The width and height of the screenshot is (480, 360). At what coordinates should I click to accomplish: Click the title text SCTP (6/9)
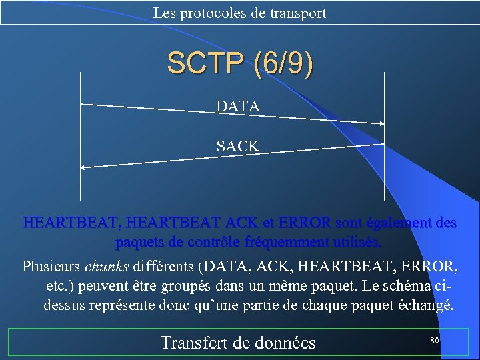point(239,63)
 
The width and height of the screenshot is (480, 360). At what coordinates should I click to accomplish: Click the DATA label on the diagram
point(238,106)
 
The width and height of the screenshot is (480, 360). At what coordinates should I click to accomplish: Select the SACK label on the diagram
point(238,145)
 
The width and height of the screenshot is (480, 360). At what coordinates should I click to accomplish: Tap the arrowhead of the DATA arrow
point(382,123)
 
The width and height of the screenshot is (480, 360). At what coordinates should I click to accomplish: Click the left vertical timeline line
point(80,133)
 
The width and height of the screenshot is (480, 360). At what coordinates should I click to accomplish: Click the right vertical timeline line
point(385,133)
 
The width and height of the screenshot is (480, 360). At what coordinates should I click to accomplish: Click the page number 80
point(434,341)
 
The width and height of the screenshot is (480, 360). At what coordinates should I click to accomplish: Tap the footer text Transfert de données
point(238,343)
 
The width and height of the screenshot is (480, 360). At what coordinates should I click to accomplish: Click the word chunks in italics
point(107,267)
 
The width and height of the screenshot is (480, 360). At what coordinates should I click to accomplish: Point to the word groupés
point(219,287)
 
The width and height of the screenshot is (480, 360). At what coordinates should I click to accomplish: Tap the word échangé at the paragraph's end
point(427,306)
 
